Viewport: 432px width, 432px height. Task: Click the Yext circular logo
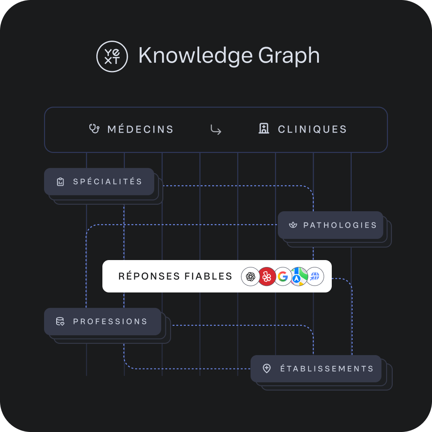[x=112, y=57]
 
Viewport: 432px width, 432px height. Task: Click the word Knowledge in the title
[x=196, y=56]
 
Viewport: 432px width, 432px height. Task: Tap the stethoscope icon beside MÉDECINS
[x=94, y=129]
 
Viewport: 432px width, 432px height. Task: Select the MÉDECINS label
[x=140, y=129]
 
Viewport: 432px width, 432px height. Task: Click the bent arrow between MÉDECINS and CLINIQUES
[x=216, y=130]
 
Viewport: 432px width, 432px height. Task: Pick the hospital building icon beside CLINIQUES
[x=264, y=128]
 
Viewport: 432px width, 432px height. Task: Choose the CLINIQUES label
[x=312, y=129]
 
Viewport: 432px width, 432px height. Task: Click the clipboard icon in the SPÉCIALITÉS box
[x=60, y=181]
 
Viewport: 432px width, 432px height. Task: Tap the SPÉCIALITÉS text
[x=108, y=181]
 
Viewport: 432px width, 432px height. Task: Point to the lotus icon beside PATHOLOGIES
[x=293, y=225]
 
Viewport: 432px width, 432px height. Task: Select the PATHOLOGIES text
[x=340, y=225]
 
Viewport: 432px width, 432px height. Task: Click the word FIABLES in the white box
[x=208, y=276]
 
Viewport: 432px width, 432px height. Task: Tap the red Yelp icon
[x=267, y=276]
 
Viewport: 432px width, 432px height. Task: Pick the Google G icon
[x=283, y=276]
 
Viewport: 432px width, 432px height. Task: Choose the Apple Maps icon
[x=299, y=276]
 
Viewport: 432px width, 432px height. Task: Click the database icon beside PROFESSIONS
[x=60, y=321]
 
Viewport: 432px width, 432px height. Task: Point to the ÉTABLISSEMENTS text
[x=327, y=368]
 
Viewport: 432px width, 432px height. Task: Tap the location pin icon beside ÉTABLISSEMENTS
[x=267, y=368]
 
